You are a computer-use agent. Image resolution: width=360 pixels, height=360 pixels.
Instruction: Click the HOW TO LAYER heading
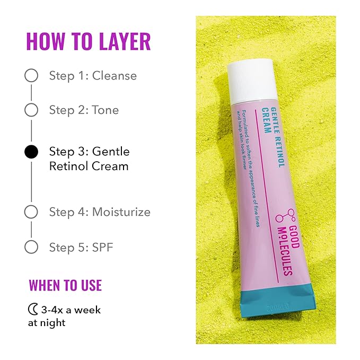click(x=88, y=41)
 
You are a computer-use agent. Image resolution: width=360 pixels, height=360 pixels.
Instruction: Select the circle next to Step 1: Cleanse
click(x=31, y=75)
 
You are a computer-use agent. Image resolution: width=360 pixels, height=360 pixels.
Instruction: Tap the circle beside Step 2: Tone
click(x=31, y=110)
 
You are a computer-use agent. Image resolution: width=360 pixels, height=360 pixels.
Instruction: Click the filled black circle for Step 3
click(x=31, y=152)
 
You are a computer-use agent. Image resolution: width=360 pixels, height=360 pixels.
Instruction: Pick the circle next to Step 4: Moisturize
click(x=31, y=212)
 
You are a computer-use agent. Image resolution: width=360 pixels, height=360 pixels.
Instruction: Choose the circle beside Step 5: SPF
click(x=31, y=247)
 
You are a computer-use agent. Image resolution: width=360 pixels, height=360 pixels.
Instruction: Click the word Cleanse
click(x=114, y=75)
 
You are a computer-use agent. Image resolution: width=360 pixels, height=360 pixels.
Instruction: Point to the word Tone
click(x=106, y=110)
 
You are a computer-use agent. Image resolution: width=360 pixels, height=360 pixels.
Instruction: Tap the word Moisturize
click(x=121, y=212)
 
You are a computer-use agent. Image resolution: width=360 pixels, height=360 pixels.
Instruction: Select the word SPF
click(x=103, y=247)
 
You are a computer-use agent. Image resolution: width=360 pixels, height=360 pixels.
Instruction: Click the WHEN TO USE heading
click(x=65, y=285)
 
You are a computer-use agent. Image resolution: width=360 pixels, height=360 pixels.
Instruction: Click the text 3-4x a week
click(x=71, y=310)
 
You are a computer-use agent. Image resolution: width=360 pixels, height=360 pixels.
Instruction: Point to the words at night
click(x=47, y=322)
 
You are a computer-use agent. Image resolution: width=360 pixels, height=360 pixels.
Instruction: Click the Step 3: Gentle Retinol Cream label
click(x=89, y=159)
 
